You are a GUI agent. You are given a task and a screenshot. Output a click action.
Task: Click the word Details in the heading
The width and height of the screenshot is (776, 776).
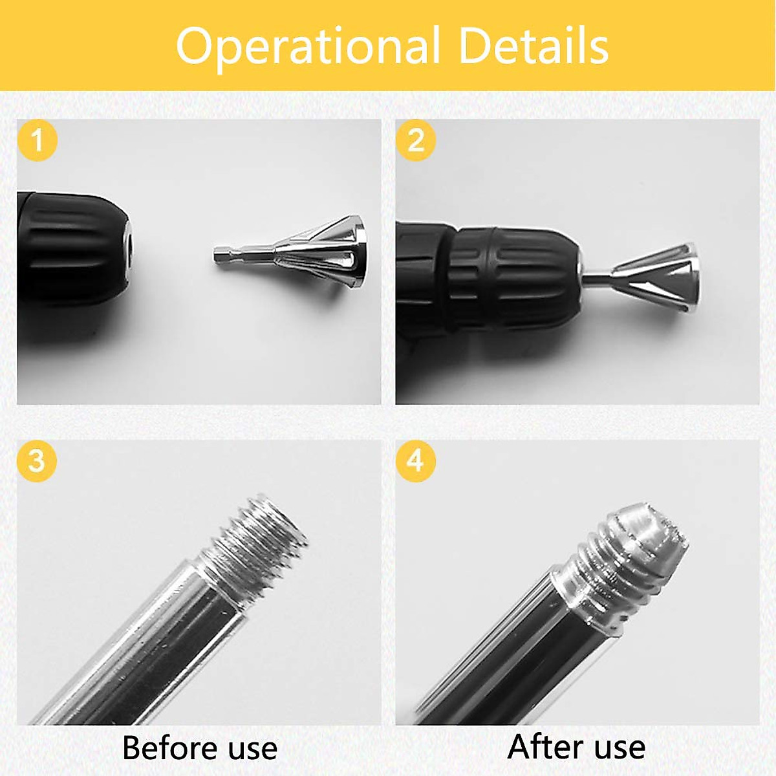(x=533, y=47)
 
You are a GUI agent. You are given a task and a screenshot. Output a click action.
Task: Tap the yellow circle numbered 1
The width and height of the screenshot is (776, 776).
(x=38, y=140)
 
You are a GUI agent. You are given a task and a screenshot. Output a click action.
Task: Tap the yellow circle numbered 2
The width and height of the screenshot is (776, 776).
(x=416, y=140)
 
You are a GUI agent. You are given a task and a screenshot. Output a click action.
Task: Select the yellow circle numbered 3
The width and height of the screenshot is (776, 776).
(x=38, y=461)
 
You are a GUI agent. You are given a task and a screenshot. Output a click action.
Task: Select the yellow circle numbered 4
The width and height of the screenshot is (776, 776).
(x=416, y=461)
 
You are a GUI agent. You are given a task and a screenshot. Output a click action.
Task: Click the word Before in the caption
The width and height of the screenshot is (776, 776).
(x=165, y=748)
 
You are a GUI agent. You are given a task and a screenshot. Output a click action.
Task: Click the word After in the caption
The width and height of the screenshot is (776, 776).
(x=541, y=747)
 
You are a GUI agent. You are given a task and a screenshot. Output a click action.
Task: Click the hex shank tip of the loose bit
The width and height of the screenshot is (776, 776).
(x=220, y=255)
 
